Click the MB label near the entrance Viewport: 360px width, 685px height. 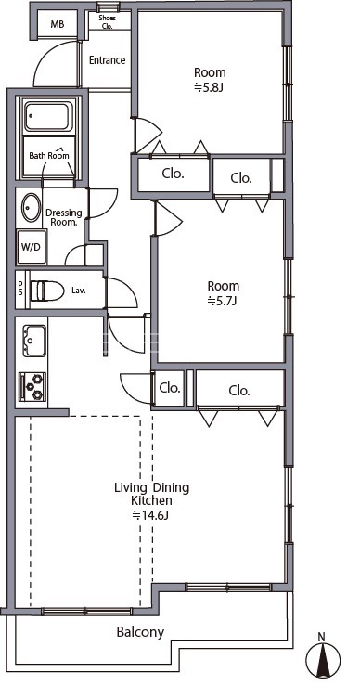58,24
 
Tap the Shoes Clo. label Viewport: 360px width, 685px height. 107,21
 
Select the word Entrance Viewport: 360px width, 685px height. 107,60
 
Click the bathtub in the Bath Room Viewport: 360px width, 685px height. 47,117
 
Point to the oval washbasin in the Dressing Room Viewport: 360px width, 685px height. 30,208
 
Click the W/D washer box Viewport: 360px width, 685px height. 32,247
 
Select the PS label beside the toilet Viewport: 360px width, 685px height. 20,288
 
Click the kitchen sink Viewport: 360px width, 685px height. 34,341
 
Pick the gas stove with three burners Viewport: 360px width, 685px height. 32,386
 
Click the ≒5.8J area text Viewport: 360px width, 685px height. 209,88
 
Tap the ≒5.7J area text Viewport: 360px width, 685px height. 222,302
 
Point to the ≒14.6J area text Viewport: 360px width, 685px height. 150,515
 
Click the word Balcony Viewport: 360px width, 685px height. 140,632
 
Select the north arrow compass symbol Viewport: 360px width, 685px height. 323,655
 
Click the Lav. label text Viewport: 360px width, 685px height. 79,291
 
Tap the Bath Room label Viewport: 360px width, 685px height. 49,156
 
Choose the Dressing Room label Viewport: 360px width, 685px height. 64,216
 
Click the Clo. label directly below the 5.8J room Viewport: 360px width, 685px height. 173,174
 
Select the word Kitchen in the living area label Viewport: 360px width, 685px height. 151,500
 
